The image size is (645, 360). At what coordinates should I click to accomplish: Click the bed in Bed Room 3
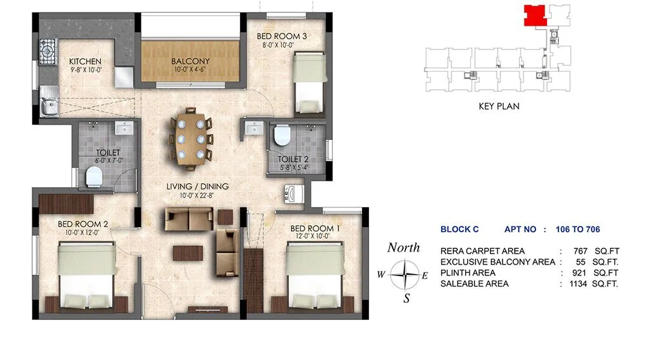[309, 83]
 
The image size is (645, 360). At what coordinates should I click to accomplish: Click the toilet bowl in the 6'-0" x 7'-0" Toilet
[94, 174]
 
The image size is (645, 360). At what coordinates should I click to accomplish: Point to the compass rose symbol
[406, 275]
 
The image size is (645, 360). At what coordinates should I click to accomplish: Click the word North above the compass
[403, 248]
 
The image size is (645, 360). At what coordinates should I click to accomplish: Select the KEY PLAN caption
[499, 106]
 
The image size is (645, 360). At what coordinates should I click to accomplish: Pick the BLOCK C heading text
[459, 229]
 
